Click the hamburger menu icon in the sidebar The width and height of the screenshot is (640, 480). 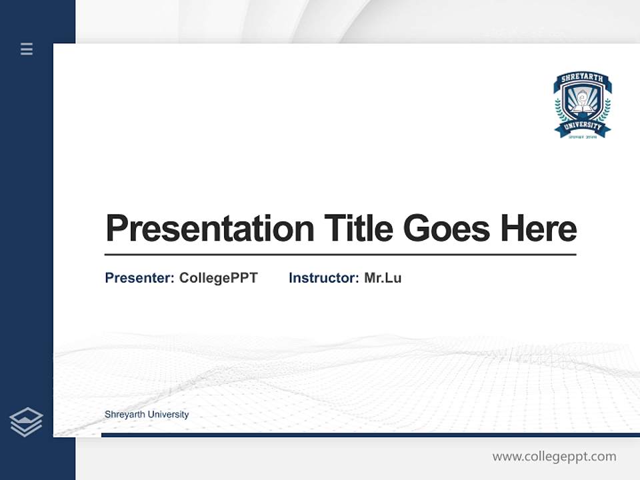[27, 49]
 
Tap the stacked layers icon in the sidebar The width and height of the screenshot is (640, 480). [27, 422]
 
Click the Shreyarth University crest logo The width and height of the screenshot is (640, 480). [582, 105]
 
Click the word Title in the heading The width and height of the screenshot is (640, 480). [359, 228]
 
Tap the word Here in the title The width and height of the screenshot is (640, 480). [538, 228]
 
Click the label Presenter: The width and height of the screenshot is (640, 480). [139, 278]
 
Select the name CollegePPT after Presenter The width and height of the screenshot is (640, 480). [218, 278]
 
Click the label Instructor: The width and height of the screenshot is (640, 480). [323, 278]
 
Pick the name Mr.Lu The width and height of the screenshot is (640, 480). [383, 278]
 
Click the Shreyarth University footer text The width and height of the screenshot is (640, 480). [147, 415]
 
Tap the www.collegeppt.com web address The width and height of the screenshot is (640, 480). [554, 457]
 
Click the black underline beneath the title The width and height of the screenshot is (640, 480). [340, 255]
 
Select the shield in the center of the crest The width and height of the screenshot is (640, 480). [582, 101]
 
